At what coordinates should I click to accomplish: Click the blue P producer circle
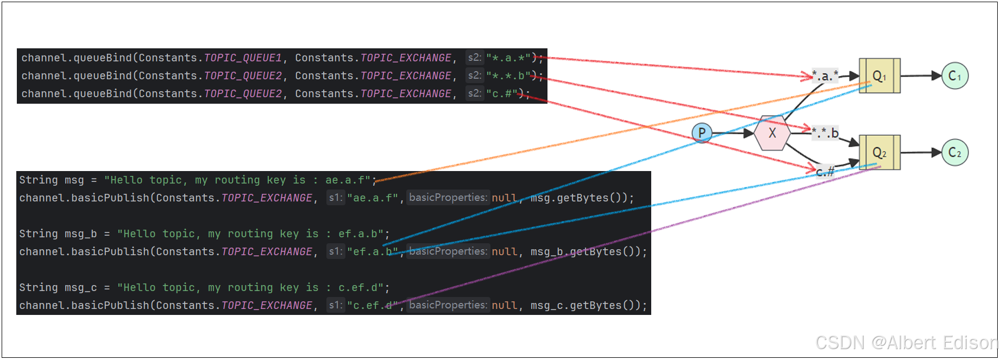[x=702, y=133]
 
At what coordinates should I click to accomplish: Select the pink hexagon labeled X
[x=772, y=133]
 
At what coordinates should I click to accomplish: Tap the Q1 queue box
[x=879, y=76]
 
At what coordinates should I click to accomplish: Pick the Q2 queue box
[x=879, y=153]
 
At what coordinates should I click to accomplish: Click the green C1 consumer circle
[x=955, y=76]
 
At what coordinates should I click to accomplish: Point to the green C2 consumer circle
[x=955, y=153]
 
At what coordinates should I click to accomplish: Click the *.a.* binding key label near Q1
[x=825, y=75]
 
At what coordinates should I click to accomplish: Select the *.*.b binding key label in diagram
[x=826, y=132]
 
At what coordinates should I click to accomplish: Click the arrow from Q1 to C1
[x=921, y=76]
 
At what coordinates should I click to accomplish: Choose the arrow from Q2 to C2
[x=921, y=153]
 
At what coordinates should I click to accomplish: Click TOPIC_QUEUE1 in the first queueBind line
[x=243, y=58]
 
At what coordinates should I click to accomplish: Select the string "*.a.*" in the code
[x=508, y=58]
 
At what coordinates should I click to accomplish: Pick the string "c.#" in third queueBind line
[x=501, y=94]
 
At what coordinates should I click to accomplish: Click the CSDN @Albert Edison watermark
[x=906, y=343]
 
